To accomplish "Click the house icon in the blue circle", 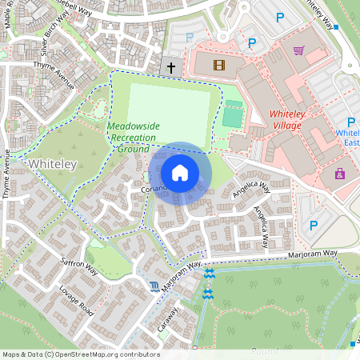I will [x=180, y=173].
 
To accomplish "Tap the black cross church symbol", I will [x=170, y=67].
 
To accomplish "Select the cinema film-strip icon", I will [x=219, y=63].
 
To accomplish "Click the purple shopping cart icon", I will [x=298, y=50].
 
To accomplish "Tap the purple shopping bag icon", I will [x=339, y=174].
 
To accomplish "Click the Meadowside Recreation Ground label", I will [x=133, y=136].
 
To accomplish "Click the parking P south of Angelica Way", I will [x=313, y=226].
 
